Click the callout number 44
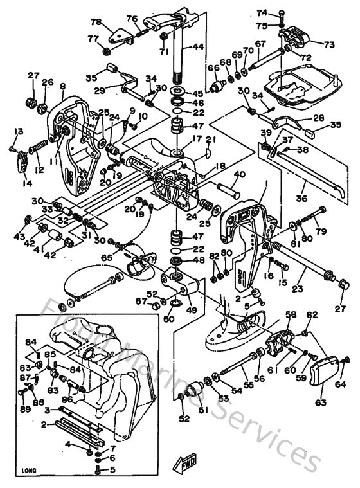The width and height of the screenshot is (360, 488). (x=198, y=47)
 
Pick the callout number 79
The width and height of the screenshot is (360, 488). (x=322, y=231)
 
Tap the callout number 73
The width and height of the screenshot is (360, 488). (x=328, y=45)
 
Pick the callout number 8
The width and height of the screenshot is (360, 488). (x=63, y=86)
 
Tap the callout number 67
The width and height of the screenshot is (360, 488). (x=260, y=43)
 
